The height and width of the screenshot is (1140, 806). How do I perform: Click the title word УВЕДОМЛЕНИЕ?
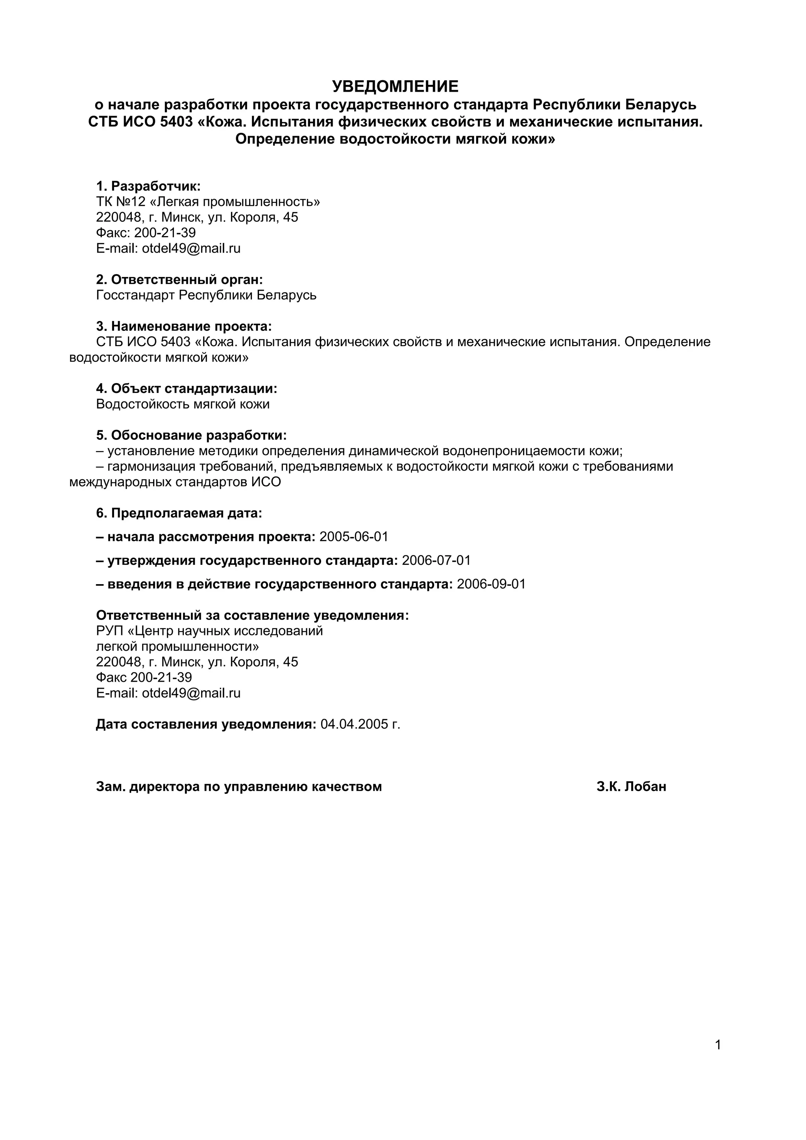coord(395,87)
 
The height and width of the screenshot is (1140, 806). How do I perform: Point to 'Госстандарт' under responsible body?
coord(135,295)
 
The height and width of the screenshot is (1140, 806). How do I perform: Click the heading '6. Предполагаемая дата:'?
coord(179,513)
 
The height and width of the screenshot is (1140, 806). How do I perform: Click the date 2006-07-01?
coord(436,561)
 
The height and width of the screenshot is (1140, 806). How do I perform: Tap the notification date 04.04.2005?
coord(355,725)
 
